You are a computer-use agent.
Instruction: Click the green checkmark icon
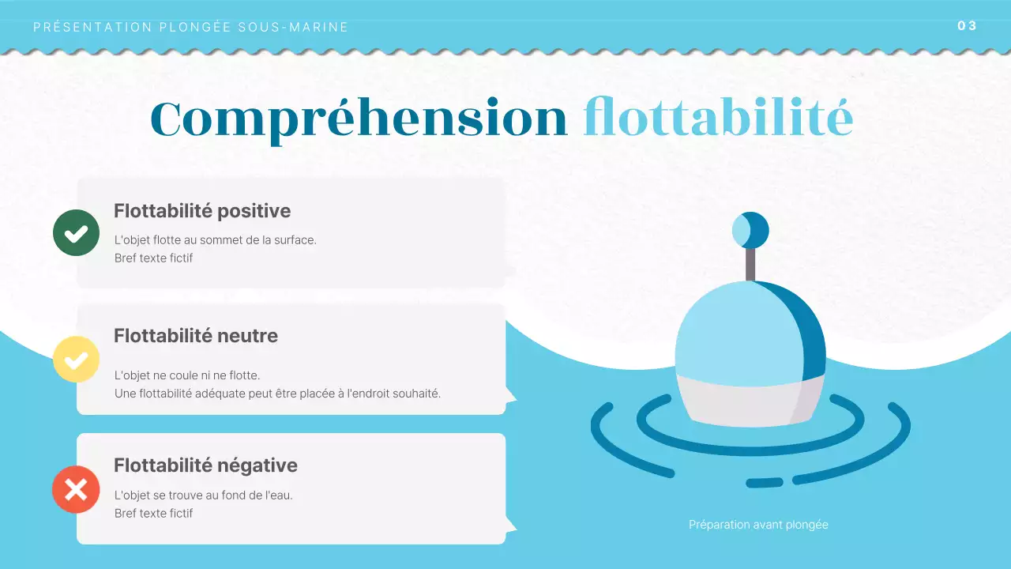pos(76,232)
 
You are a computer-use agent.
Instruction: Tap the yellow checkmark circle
pos(76,360)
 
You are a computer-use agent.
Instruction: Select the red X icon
pos(76,489)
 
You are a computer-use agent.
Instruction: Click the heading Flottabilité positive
pos(202,211)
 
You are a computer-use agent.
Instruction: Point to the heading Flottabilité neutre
pos(196,335)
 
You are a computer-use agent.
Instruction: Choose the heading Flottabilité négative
pos(205,465)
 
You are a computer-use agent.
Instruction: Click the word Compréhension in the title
pos(359,119)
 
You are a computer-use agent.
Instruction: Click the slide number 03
pos(967,25)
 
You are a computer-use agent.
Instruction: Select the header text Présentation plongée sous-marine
pos(191,27)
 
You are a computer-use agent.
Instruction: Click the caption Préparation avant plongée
pos(758,524)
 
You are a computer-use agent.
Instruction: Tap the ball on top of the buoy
pos(750,230)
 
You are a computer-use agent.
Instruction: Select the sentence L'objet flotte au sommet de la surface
pos(215,239)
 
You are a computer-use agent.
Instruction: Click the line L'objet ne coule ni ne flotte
pos(187,375)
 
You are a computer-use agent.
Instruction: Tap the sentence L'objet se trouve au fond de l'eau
pos(209,496)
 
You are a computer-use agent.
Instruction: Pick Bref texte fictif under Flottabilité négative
pos(153,513)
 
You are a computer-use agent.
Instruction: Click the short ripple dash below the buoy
pos(764,482)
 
